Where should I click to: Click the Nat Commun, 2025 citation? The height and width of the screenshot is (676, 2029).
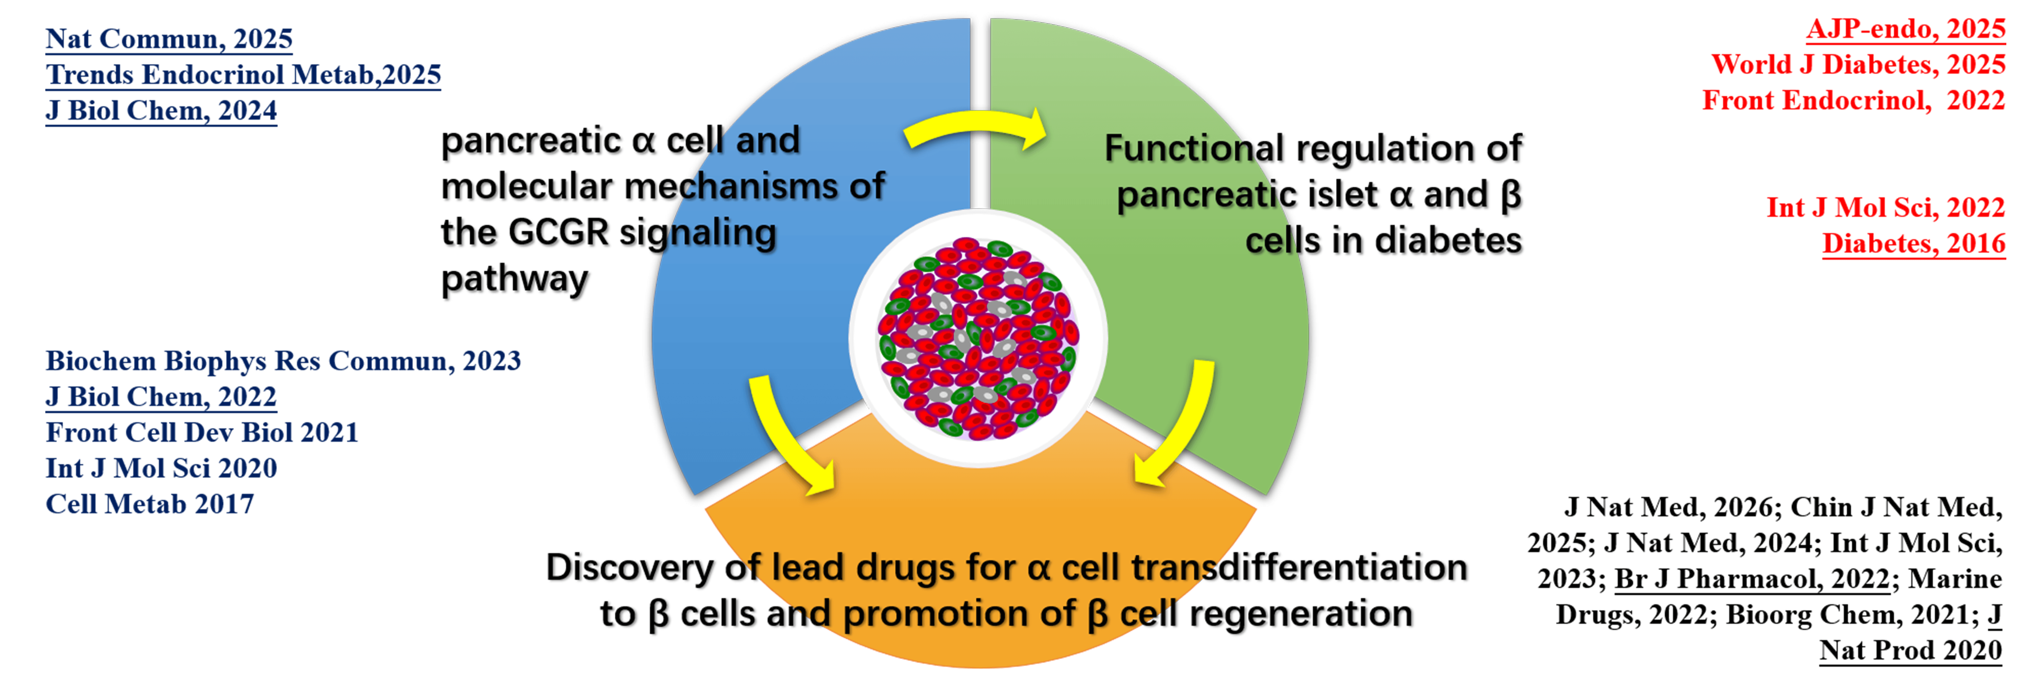(x=168, y=39)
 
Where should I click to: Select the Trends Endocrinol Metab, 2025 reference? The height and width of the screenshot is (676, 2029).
(x=242, y=75)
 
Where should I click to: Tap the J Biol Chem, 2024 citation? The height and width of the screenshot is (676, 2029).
(x=161, y=110)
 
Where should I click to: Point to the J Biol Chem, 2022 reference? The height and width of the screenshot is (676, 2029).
(x=161, y=396)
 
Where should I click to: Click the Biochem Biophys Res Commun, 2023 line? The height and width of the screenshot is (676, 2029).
(x=283, y=360)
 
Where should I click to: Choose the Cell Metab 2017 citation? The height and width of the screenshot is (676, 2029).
(x=150, y=504)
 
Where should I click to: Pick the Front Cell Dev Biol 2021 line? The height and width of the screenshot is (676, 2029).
(x=202, y=432)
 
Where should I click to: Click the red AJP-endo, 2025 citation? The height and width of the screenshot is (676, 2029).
(x=1905, y=29)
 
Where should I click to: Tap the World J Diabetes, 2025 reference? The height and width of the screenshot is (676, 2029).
(x=1858, y=65)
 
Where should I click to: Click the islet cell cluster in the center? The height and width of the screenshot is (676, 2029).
(x=978, y=338)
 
